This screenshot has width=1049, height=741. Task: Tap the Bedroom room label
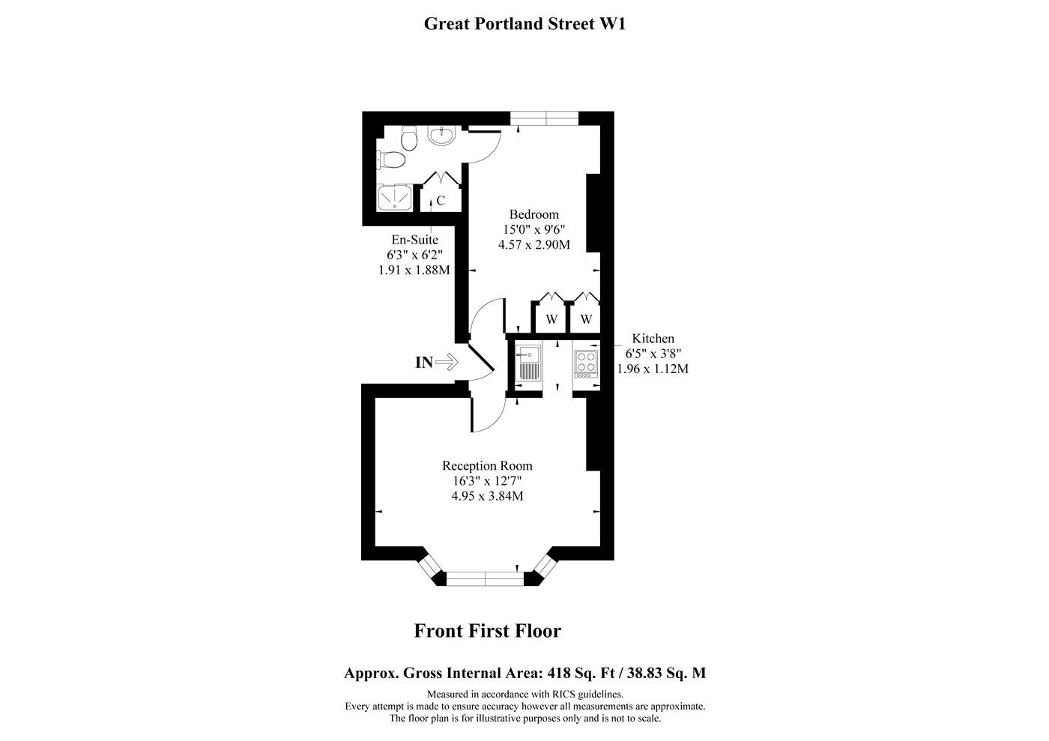(533, 214)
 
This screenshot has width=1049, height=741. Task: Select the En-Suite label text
(415, 240)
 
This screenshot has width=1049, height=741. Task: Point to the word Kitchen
(653, 339)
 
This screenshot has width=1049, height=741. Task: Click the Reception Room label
(488, 466)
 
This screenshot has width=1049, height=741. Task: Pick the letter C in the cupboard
(441, 201)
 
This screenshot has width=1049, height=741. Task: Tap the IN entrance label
(424, 363)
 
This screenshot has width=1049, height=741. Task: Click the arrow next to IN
(447, 362)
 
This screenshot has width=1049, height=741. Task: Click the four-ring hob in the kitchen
(586, 364)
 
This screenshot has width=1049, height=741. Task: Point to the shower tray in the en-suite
(395, 198)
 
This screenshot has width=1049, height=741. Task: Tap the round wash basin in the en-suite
(441, 136)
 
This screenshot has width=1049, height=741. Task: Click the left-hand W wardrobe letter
(551, 319)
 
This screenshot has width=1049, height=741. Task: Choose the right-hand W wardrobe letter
(586, 319)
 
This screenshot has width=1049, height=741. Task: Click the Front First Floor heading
(488, 631)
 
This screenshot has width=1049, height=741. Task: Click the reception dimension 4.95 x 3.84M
(488, 496)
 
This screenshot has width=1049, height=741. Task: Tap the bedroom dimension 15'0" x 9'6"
(534, 229)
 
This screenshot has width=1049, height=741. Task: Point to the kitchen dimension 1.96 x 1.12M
(653, 369)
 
